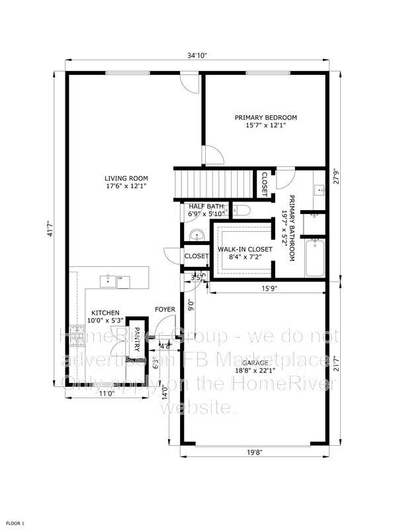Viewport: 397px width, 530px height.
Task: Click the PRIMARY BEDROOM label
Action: coord(266,118)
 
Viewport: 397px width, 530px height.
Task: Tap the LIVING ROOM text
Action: coord(126,178)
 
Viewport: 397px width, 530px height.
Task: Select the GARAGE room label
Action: coord(255,363)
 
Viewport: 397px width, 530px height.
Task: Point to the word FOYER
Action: coord(165,309)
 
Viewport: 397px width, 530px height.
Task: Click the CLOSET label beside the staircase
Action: coord(264,184)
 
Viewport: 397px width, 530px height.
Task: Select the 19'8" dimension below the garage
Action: coord(254,454)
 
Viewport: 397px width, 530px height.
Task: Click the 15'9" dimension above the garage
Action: coord(267,288)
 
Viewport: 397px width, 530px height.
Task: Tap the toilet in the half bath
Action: coord(241,210)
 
